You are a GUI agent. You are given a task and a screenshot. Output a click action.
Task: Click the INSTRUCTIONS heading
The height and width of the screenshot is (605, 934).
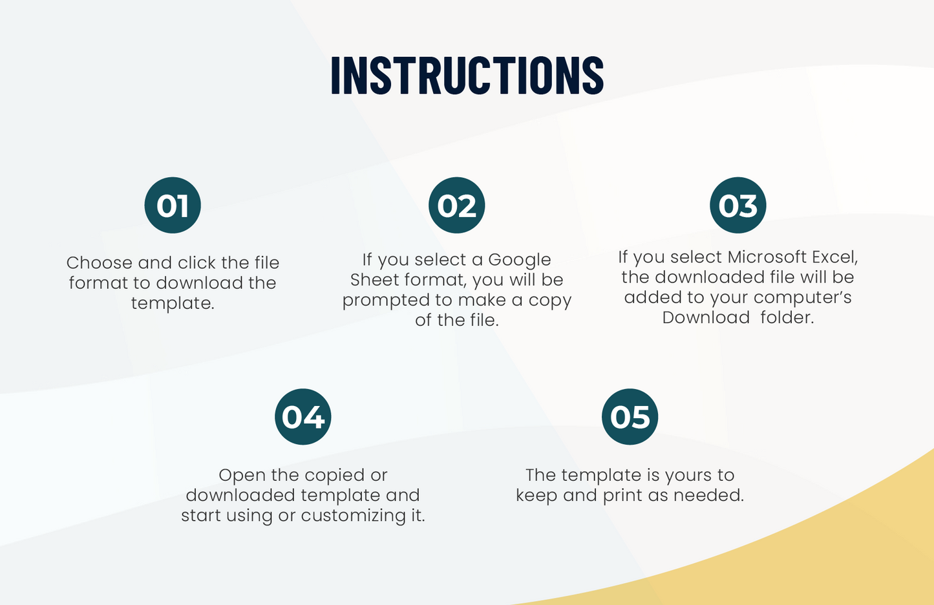[x=467, y=74]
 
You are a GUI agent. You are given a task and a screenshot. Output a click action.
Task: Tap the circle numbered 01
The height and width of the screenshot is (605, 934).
[x=173, y=205]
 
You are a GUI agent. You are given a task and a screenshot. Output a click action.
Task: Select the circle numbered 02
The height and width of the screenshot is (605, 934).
[x=456, y=205]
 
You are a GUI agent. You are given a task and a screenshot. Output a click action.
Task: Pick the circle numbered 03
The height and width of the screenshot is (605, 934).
[x=738, y=205]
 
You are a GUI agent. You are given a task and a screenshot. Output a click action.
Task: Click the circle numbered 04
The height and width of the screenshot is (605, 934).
[x=303, y=416]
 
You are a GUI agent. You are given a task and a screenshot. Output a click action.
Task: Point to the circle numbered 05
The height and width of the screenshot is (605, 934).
[x=630, y=416]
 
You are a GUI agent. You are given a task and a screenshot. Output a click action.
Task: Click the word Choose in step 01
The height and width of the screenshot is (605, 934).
[x=100, y=262]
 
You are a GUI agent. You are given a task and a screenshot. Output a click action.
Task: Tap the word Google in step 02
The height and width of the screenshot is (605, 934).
[x=520, y=260]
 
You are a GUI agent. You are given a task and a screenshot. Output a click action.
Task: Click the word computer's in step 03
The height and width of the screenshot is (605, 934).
[x=802, y=298]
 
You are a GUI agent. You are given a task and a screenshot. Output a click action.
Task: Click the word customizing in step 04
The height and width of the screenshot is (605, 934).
[x=354, y=516]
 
